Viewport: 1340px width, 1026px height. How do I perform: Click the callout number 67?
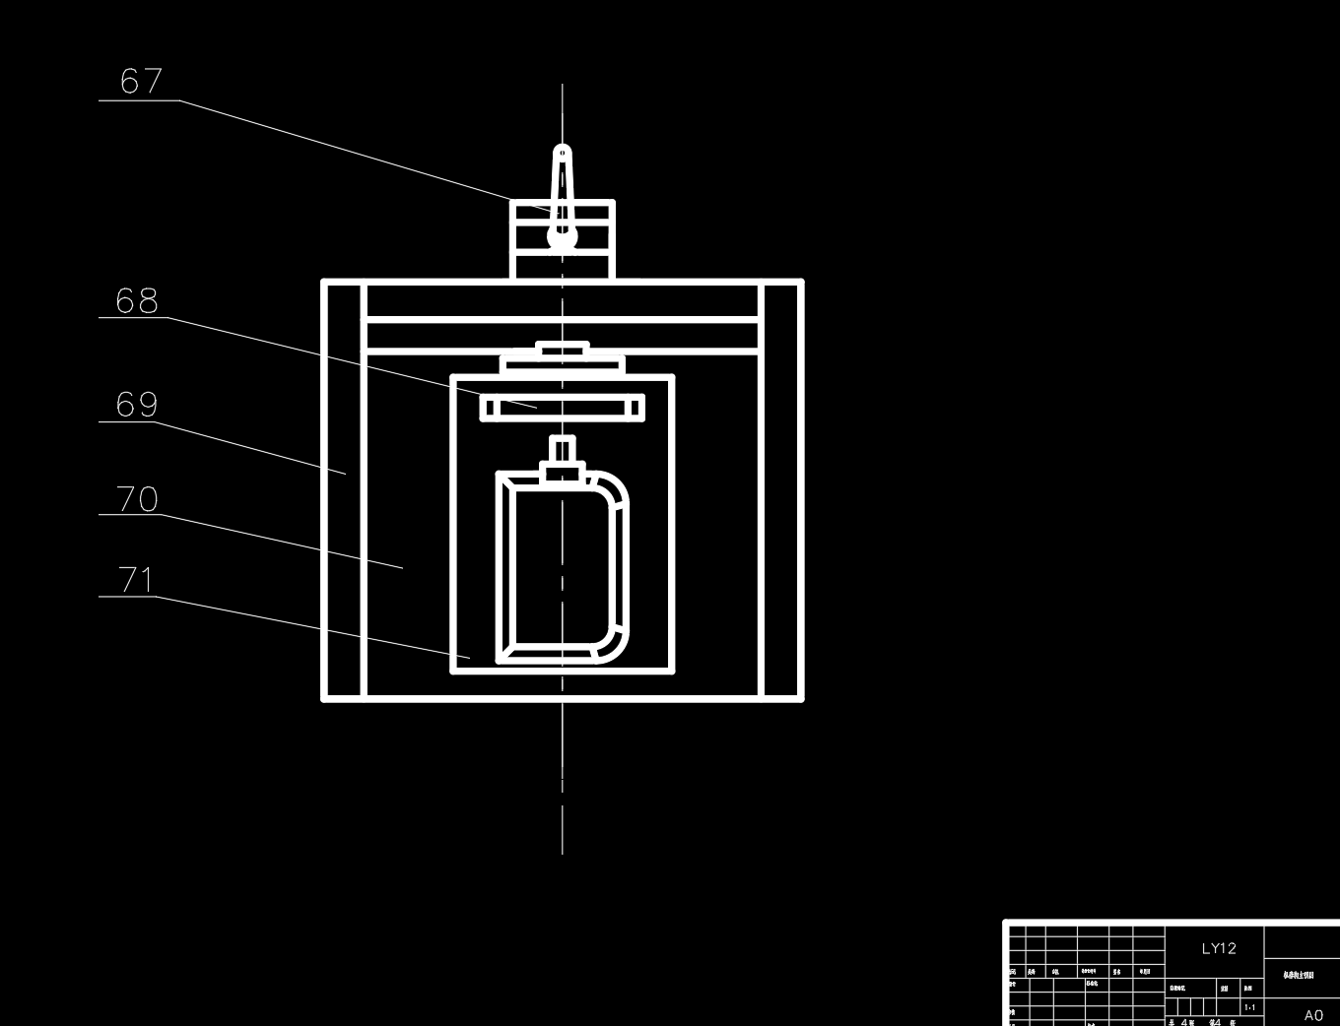[x=141, y=81]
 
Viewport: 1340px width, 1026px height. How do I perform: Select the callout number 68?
[x=137, y=300]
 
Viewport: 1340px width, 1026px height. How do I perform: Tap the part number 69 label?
[x=137, y=404]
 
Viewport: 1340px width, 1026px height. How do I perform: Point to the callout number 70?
[x=138, y=499]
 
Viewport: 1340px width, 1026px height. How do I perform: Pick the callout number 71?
[x=137, y=579]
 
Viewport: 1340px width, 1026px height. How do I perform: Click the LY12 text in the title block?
[x=1218, y=948]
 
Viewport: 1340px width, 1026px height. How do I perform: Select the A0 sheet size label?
[x=1313, y=1015]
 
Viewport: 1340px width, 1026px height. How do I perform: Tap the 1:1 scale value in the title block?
[x=1249, y=1007]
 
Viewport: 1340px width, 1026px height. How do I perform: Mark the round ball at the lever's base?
[x=562, y=236]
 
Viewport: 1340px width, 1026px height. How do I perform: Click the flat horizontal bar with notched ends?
[x=563, y=407]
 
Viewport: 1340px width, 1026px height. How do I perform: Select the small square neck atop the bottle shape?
[x=563, y=451]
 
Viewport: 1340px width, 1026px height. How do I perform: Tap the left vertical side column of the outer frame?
[x=345, y=490]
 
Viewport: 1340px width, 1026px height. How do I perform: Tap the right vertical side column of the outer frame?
[x=781, y=490]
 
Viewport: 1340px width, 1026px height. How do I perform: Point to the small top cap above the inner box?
[x=563, y=350]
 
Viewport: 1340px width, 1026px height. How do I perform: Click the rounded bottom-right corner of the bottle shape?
[x=612, y=646]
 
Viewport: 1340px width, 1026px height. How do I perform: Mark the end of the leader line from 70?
[x=403, y=567]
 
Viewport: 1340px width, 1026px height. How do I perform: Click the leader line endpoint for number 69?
[x=346, y=474]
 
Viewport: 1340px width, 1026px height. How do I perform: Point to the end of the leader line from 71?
[x=470, y=657]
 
